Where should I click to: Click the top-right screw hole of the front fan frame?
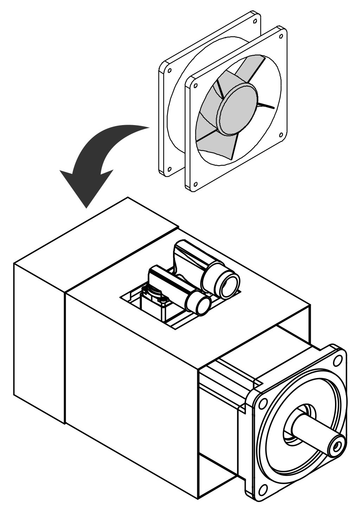tap(281, 36)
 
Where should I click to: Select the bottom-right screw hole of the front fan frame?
tap(281, 134)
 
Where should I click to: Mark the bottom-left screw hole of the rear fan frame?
tap(169, 169)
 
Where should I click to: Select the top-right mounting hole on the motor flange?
tap(337, 360)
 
